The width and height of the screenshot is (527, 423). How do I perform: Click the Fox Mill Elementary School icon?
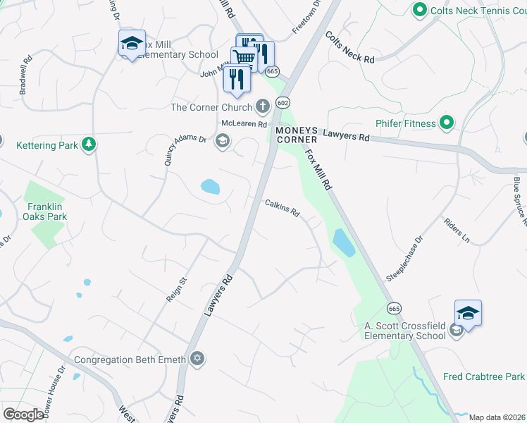(x=132, y=44)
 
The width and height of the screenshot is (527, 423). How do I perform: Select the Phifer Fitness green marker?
(x=446, y=124)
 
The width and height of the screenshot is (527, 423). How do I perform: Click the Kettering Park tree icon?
(x=88, y=145)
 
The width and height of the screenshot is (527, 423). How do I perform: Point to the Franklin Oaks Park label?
(x=47, y=211)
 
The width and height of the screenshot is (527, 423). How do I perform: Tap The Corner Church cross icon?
(x=262, y=107)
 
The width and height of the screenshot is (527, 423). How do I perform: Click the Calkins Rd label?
(x=283, y=208)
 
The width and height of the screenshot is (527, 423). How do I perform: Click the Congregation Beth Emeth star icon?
(x=197, y=359)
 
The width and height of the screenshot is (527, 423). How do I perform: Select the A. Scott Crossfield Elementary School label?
(x=404, y=331)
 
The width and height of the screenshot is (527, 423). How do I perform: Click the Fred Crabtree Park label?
(x=484, y=376)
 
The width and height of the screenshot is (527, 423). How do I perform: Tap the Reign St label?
(x=175, y=290)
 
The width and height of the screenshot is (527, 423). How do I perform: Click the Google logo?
(x=23, y=415)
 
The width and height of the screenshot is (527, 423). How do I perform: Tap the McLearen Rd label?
(x=244, y=123)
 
